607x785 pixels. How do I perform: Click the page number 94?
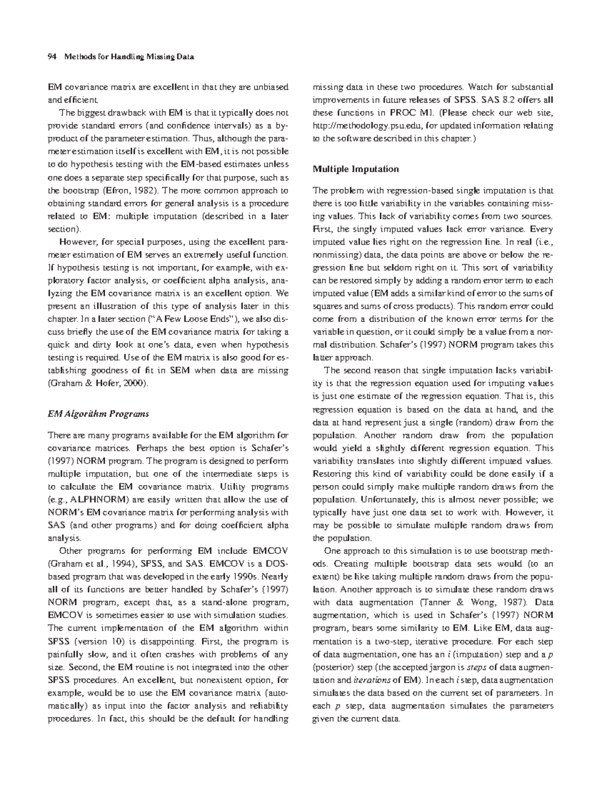(x=51, y=57)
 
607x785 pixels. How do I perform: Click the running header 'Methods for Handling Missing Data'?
(x=129, y=57)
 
